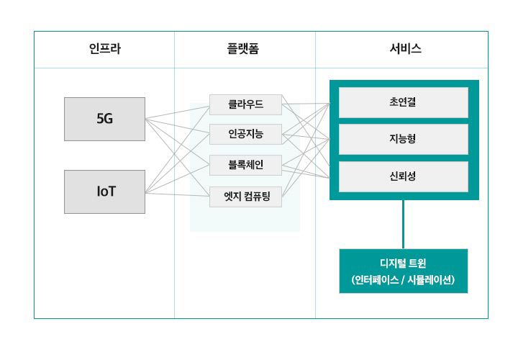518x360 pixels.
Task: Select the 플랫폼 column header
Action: [x=245, y=49]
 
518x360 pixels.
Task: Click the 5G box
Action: [x=104, y=119]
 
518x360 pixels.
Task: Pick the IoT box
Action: [x=104, y=192]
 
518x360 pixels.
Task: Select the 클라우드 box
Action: [x=245, y=104]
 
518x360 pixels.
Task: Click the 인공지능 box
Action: [x=245, y=135]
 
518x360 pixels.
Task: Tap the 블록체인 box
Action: [x=245, y=165]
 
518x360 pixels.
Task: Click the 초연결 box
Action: [x=403, y=102]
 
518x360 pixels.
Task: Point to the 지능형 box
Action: [x=403, y=139]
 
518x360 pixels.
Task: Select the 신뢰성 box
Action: [x=403, y=176]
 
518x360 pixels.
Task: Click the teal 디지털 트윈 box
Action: [x=403, y=271]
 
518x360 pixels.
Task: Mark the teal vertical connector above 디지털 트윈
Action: [x=403, y=224]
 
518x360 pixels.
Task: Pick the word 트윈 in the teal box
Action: [x=417, y=263]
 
